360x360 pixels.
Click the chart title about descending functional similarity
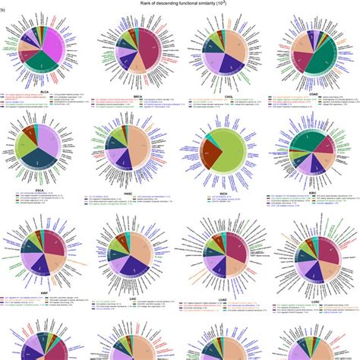tap(181, 4)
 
